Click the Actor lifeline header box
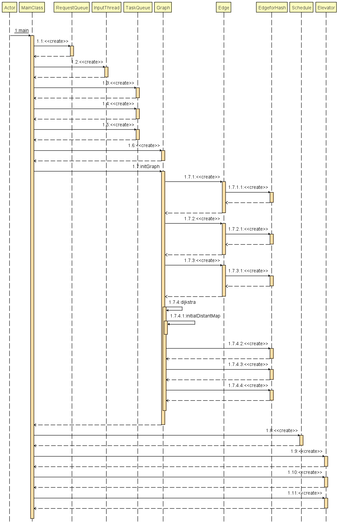(x=10, y=8)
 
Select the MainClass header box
(x=32, y=8)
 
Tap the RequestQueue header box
(x=72, y=8)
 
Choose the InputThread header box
(x=107, y=8)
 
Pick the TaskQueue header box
(x=138, y=8)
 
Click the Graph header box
(x=163, y=8)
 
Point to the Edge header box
(x=224, y=8)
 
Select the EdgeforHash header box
(x=272, y=8)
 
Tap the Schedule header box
(x=301, y=8)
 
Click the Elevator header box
(x=326, y=8)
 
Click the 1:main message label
(x=22, y=31)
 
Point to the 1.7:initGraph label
(x=146, y=166)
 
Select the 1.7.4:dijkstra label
(x=182, y=302)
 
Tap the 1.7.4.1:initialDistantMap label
(x=195, y=316)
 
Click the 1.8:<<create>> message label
(x=282, y=430)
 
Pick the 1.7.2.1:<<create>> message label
(x=248, y=229)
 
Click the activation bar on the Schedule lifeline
(x=301, y=440)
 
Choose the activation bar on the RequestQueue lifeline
(x=72, y=51)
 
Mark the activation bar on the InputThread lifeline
(x=107, y=72)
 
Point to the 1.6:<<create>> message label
(x=144, y=145)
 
